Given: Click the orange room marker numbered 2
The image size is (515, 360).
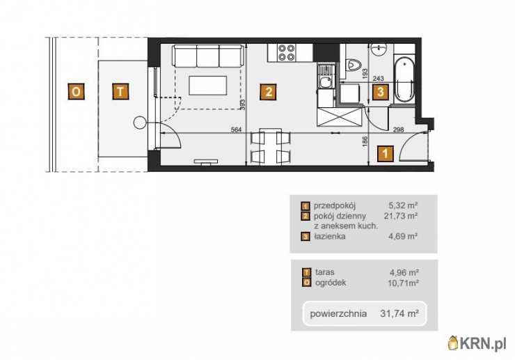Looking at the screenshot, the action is click(x=268, y=92).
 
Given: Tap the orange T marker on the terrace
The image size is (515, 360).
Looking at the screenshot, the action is click(x=120, y=91).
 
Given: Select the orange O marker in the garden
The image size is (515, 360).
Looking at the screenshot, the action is click(x=76, y=91).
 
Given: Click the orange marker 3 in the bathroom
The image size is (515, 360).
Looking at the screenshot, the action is click(x=381, y=92).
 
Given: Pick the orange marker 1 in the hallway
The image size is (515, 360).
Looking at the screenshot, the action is click(x=386, y=153).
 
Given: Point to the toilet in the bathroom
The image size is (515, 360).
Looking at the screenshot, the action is click(x=354, y=65).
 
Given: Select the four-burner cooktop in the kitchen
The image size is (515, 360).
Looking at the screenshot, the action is click(x=286, y=53).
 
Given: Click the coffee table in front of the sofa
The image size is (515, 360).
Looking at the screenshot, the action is click(x=207, y=85).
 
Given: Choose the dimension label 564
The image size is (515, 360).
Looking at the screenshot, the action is click(x=236, y=130).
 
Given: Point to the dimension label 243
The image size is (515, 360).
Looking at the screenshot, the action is click(x=378, y=79).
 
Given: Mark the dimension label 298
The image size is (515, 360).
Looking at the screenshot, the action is click(x=398, y=130).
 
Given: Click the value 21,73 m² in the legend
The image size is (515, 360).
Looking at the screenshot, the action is click(x=401, y=216).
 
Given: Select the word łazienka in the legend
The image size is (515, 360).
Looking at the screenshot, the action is click(x=329, y=236).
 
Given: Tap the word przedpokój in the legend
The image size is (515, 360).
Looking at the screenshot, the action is click(x=335, y=206).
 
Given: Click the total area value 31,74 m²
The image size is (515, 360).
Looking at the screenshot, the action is click(x=399, y=313).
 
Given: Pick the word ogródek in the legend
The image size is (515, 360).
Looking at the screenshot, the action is click(x=331, y=283).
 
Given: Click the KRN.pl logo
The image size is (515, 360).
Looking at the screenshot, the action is click(x=477, y=343).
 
